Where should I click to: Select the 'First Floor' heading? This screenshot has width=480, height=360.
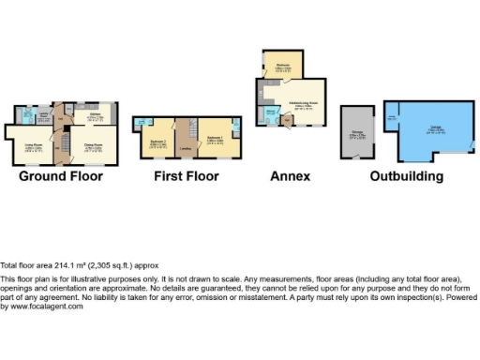click(187, 176)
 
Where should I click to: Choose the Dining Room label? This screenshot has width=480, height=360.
click(94, 145)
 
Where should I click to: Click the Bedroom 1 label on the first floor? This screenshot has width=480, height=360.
click(214, 139)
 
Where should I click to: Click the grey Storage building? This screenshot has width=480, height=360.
click(358, 136)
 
